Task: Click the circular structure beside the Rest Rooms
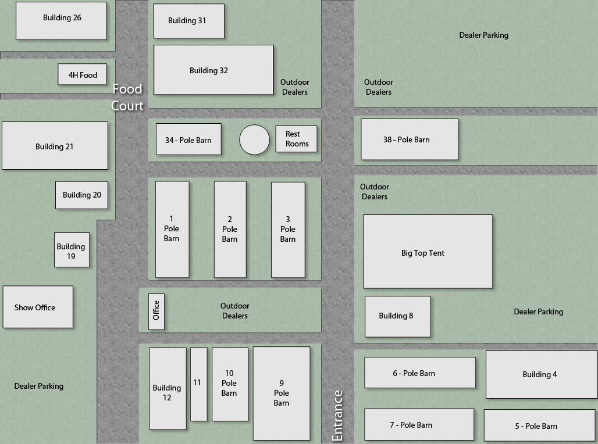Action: tap(254, 140)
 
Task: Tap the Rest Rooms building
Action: tap(296, 139)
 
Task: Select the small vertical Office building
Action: tap(156, 311)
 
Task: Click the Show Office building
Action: tap(38, 307)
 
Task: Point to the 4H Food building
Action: tap(83, 74)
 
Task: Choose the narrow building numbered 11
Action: tap(199, 384)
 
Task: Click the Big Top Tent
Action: tap(428, 252)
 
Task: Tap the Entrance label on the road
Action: tap(337, 416)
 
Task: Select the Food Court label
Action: tap(127, 97)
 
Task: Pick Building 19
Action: tap(72, 250)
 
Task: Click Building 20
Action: tap(81, 195)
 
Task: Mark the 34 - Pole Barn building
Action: tap(188, 139)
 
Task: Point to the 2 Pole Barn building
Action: tap(230, 230)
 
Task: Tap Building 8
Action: tap(398, 317)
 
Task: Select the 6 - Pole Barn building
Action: tap(420, 373)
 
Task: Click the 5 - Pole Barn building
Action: tap(539, 425)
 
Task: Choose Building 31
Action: tap(189, 21)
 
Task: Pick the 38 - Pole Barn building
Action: tap(410, 139)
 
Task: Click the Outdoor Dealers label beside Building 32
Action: tap(295, 87)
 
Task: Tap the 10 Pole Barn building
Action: tap(230, 384)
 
